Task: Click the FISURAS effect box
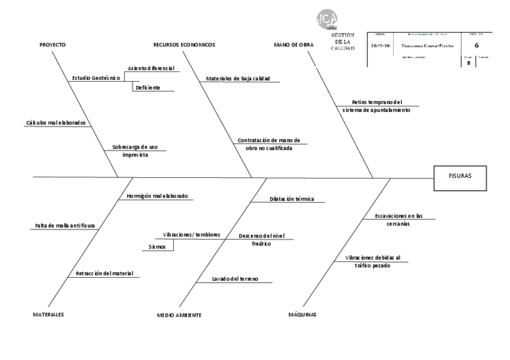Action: [459, 177]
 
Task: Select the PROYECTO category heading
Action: [52, 45]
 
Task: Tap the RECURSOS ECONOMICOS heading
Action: [184, 45]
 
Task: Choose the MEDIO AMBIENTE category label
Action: [179, 315]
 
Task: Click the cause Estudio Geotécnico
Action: [96, 78]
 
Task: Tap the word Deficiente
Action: [148, 88]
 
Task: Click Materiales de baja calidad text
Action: [238, 79]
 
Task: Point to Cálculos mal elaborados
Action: [56, 123]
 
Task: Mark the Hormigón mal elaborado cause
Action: [157, 196]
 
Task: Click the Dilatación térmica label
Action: [292, 199]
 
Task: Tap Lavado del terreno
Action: [235, 279]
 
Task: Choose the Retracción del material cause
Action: [104, 273]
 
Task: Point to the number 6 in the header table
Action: [477, 45]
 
